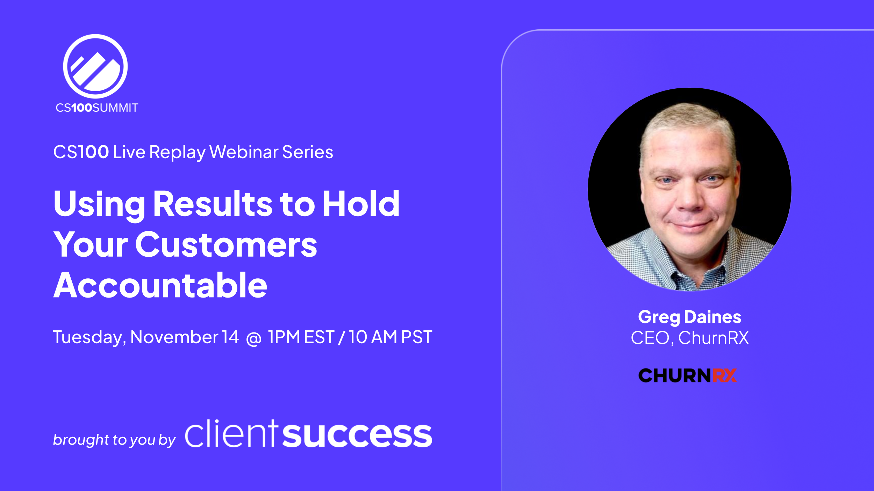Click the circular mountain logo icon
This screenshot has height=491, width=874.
tap(95, 66)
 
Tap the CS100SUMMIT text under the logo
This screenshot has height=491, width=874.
tap(97, 108)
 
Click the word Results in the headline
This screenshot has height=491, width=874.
tap(212, 204)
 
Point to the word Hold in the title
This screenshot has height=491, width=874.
tap(361, 204)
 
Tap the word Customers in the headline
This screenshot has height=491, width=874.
tap(226, 245)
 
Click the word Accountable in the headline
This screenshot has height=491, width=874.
tap(160, 286)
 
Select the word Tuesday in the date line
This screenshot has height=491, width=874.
tap(89, 338)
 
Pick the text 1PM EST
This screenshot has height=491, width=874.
tap(301, 337)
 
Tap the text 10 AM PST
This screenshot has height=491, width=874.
tap(391, 337)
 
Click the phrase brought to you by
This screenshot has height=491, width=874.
tap(114, 440)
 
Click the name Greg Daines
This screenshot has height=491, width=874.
tap(689, 317)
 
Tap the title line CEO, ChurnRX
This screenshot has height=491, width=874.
tap(689, 338)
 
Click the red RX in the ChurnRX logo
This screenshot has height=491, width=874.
tap(725, 376)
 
